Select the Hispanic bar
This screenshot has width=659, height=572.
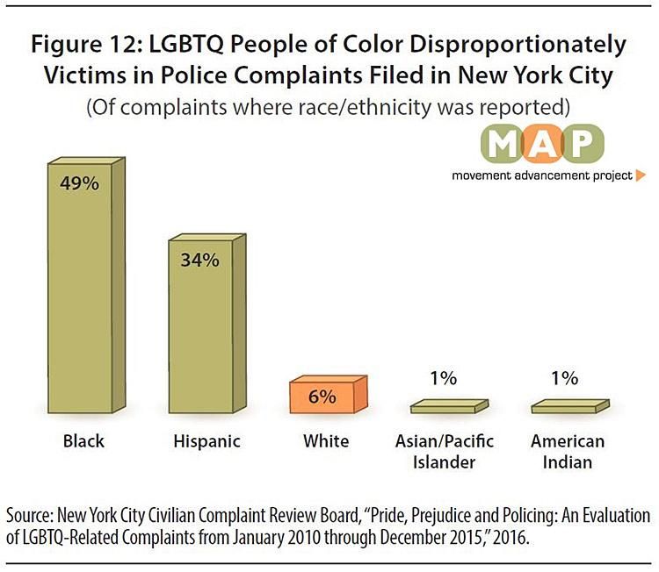coord(201,325)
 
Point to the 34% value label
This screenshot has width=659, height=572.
coord(199,261)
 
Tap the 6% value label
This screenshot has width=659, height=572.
coord(322,396)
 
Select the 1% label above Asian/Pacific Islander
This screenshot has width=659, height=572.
coord(444,379)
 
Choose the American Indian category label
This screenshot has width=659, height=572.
coord(567,451)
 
